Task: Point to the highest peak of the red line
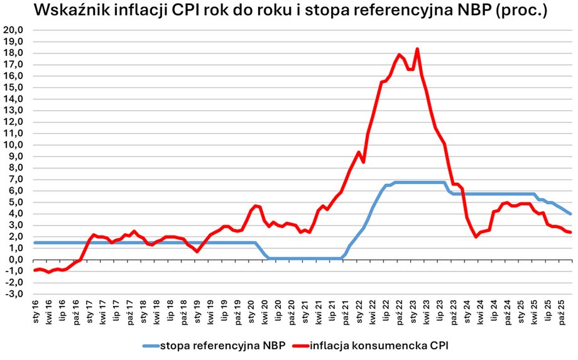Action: pyautogui.click(x=417, y=49)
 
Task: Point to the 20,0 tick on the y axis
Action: pyautogui.click(x=13, y=30)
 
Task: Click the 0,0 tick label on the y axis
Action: pyautogui.click(x=15, y=259)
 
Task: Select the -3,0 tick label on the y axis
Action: pyautogui.click(x=14, y=294)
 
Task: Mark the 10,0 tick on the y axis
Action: pyautogui.click(x=13, y=145)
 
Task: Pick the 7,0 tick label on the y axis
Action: pyautogui.click(x=15, y=179)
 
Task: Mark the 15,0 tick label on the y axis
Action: pyautogui.click(x=13, y=87)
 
